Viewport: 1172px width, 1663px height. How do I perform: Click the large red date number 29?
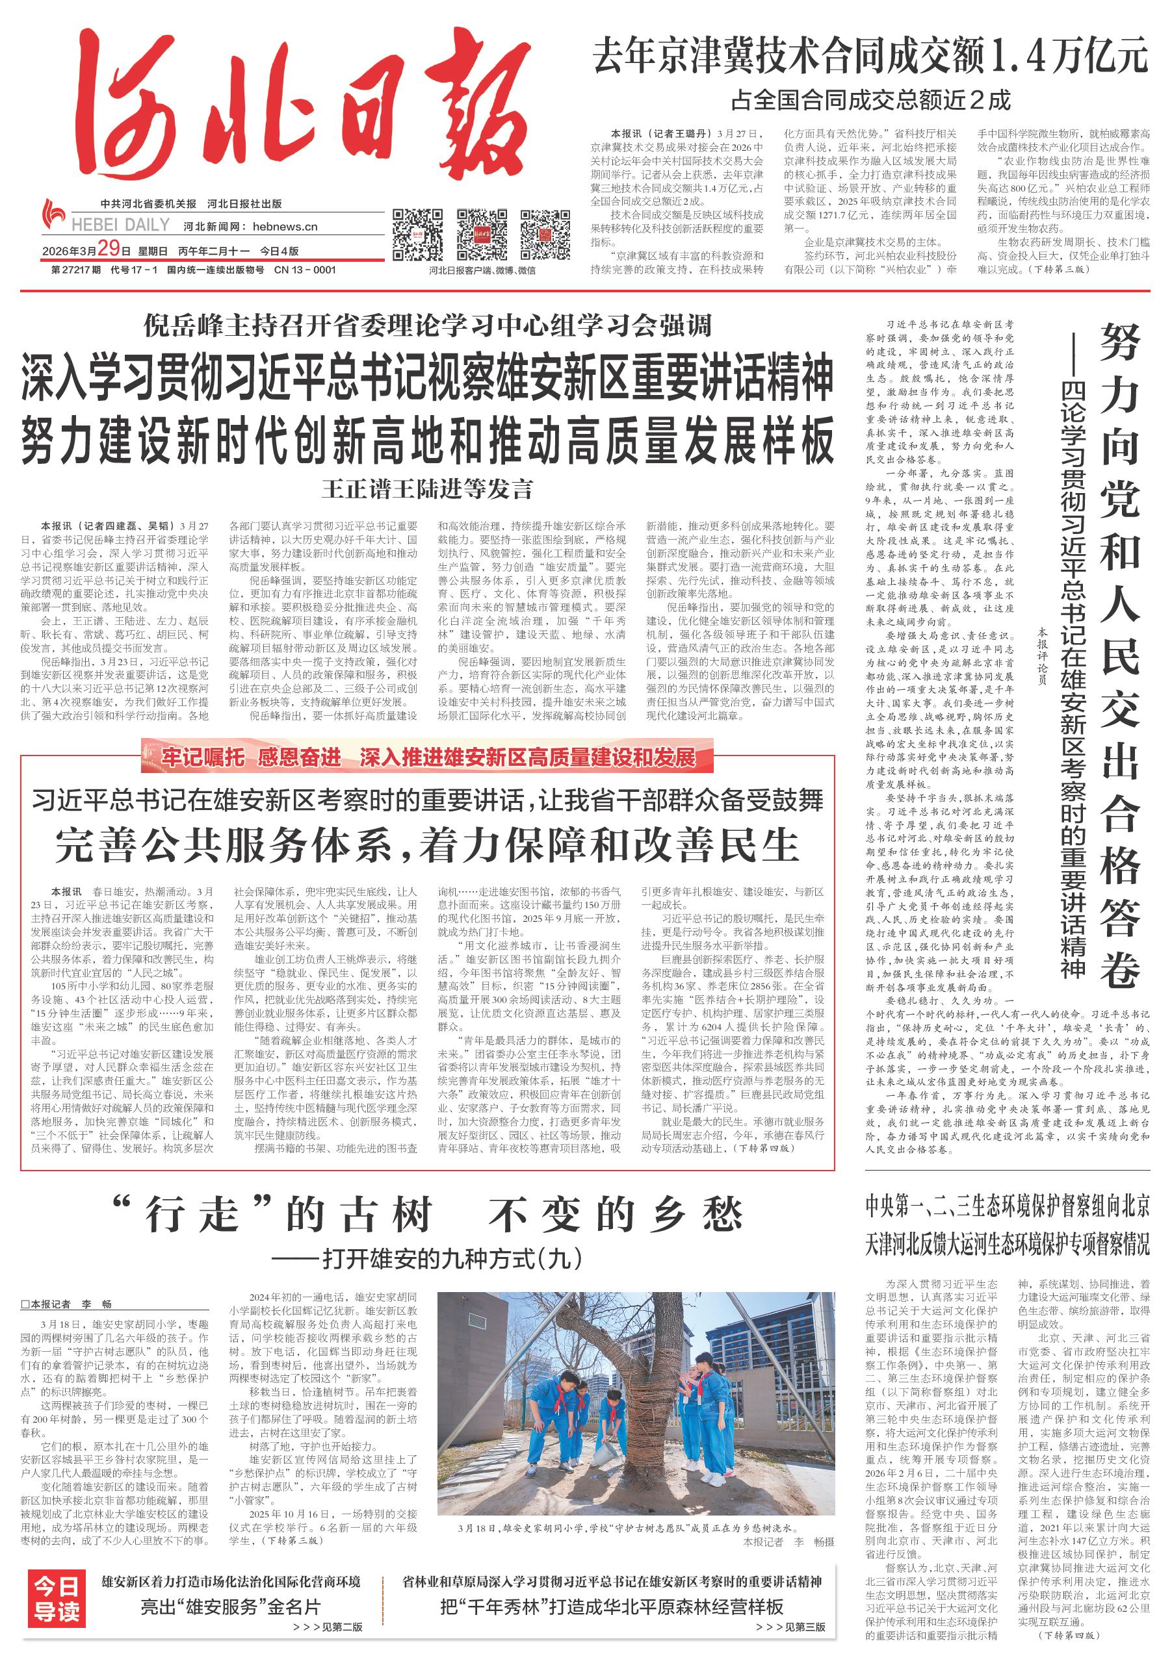[107, 250]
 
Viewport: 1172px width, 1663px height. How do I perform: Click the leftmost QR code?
[417, 235]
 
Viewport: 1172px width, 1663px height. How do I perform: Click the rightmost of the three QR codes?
[546, 235]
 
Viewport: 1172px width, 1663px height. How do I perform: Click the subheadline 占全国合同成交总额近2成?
[870, 100]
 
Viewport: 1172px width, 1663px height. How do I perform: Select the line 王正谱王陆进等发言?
[428, 489]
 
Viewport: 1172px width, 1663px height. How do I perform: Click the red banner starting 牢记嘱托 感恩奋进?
[428, 757]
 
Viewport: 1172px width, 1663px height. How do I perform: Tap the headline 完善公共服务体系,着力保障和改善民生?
[428, 844]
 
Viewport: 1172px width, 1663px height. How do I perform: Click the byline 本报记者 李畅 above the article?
[67, 1304]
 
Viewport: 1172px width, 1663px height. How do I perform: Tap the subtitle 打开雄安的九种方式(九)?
[428, 1258]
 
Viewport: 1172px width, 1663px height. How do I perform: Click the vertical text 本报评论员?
[1042, 655]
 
